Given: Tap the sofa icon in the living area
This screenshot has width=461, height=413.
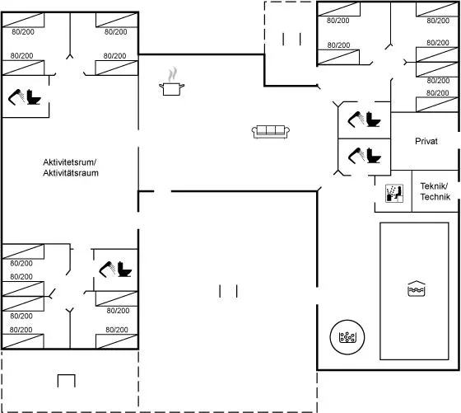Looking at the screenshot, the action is pos(271,132).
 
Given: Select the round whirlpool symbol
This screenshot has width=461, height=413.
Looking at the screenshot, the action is pos(347,337).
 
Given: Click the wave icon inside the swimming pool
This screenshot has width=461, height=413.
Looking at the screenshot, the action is pos(417,289).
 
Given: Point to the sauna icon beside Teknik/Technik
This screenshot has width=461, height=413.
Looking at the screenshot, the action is pos(394,194).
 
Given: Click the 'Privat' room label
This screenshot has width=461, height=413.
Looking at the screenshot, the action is pos(426,141).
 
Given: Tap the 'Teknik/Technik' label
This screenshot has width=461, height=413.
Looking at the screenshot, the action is pos(435,191).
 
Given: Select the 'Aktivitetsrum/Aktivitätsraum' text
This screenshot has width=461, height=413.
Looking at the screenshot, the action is pos(71,167).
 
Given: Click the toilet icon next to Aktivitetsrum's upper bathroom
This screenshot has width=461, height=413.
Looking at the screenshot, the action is pos(34,97).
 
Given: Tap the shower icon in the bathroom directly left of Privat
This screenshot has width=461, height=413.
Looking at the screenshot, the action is pos(356,119).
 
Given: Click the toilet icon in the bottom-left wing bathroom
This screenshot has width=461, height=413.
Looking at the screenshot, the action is pos(124,269).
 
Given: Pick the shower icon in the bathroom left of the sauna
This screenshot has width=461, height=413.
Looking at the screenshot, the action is pos(356,156).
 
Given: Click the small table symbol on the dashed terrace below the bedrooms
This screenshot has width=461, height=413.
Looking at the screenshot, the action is pos(67,381).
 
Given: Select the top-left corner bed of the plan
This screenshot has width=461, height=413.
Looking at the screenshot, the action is pos(23,20).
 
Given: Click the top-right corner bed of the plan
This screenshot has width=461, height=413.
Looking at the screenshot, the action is pos(437,9).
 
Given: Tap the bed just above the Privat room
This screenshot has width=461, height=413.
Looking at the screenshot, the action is pos(437,105).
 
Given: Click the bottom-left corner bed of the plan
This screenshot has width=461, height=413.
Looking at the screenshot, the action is pos(23,341).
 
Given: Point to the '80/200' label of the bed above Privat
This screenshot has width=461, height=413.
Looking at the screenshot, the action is pos(437,93).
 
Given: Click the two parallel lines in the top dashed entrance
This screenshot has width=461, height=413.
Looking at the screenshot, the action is pos(291,39).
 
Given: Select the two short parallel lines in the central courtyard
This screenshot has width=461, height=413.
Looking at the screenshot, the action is pos(228,291).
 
